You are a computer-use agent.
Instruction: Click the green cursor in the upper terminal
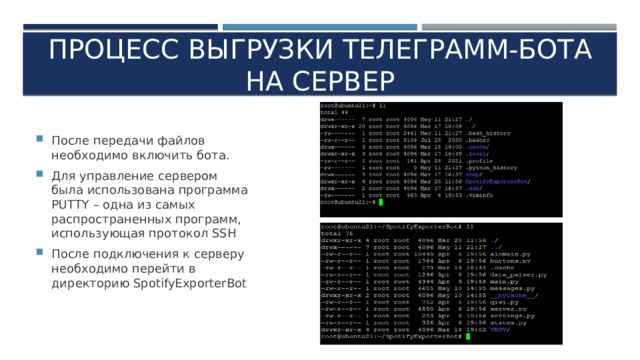click(380, 202)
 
